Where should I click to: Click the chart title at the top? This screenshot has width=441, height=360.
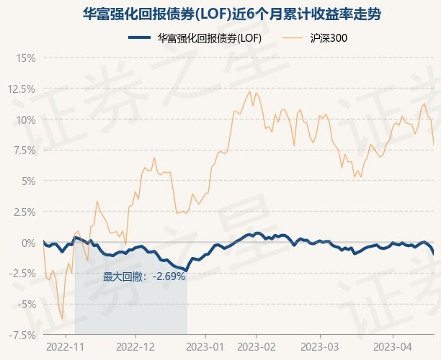click(220, 14)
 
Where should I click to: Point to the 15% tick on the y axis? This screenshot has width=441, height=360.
click(25, 58)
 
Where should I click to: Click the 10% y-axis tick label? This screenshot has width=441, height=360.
click(25, 120)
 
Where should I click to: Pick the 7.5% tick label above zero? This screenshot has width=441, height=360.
click(23, 150)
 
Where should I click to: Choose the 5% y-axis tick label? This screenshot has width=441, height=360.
click(27, 181)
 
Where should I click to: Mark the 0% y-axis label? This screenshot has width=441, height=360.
click(27, 243)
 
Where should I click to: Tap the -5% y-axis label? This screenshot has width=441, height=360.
click(25, 305)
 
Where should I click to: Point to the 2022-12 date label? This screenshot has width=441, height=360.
click(135, 346)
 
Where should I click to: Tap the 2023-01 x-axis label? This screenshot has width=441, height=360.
click(205, 346)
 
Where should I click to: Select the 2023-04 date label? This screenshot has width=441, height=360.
click(393, 346)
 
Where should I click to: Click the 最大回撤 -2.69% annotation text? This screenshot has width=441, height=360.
click(144, 276)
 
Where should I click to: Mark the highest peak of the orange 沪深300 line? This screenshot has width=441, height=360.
click(250, 90)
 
